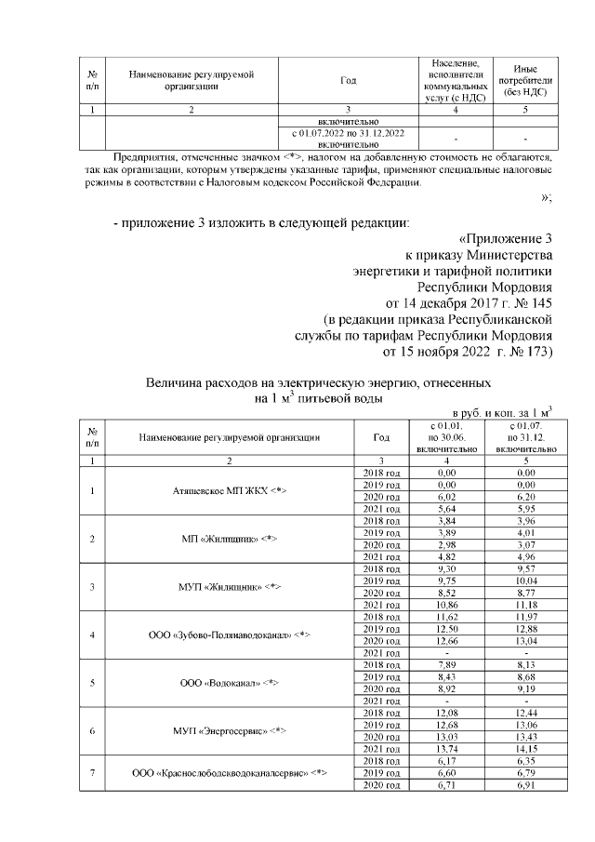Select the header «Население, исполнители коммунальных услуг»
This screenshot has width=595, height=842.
point(455,79)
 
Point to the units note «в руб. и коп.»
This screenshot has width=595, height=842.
point(490,410)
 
